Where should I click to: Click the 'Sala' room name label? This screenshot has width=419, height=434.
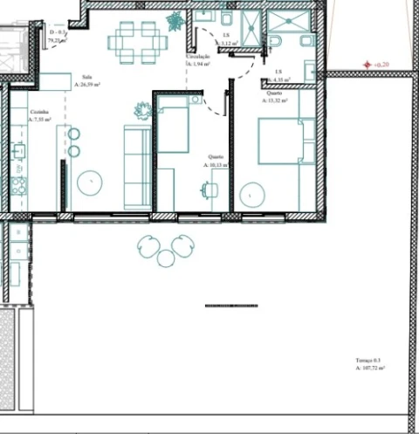[x=86, y=78]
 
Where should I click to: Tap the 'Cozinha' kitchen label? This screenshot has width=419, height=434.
[x=38, y=113]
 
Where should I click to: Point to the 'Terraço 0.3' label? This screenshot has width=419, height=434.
[x=369, y=360]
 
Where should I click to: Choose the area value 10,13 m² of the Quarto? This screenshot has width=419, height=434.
[x=216, y=164]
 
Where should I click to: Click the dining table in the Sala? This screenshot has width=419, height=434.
[x=138, y=41]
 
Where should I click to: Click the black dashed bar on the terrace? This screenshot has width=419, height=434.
[x=230, y=306]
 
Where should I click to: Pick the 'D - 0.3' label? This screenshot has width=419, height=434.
[x=58, y=33]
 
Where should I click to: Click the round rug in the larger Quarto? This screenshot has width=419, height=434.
[x=252, y=193]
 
